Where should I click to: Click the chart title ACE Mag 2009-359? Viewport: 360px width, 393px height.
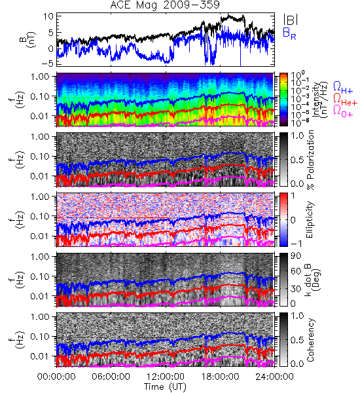click(165, 5)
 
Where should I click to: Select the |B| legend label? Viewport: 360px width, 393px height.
click(291, 20)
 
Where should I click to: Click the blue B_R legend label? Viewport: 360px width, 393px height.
click(289, 34)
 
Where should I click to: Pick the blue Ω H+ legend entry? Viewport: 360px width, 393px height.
click(343, 88)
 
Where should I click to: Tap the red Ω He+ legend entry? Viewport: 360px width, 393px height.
click(345, 100)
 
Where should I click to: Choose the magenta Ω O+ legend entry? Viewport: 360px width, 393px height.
click(343, 111)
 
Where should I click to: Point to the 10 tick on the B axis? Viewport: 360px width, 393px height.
click(48, 16)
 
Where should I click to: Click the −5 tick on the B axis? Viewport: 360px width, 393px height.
click(48, 63)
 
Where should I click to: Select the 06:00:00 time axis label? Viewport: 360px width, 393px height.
click(111, 377)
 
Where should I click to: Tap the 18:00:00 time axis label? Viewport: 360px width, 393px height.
click(220, 377)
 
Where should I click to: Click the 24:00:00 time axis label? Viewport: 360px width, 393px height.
click(274, 377)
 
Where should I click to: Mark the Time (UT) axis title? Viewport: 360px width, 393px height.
click(166, 387)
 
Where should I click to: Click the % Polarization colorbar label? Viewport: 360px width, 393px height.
click(310, 160)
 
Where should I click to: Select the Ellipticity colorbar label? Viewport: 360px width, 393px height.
click(310, 219)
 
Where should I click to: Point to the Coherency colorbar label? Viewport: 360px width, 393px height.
click(310, 340)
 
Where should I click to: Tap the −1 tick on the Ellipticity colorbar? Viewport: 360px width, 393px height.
click(296, 244)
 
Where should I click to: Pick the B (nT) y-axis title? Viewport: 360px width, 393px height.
click(27, 39)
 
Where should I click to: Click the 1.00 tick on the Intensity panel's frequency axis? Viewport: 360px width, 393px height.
click(41, 77)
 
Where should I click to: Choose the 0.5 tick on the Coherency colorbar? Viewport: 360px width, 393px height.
click(297, 340)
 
